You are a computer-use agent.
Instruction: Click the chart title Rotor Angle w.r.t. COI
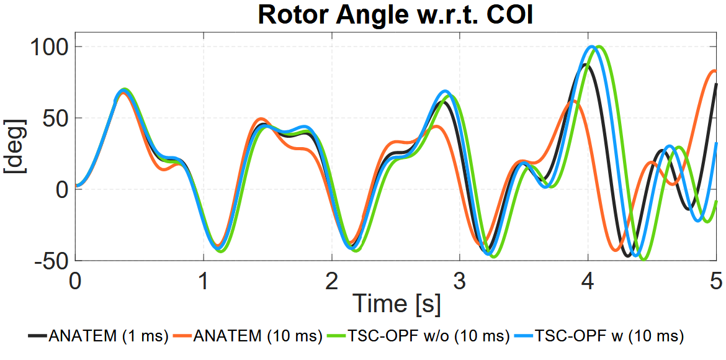(395, 15)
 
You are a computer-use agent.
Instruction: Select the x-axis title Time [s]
(397, 304)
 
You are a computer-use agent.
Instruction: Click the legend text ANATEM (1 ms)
(109, 336)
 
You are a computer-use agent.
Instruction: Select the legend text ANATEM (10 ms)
(258, 336)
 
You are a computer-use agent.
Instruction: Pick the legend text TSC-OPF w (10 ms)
(609, 336)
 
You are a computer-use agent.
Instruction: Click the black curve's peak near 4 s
(586, 65)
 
